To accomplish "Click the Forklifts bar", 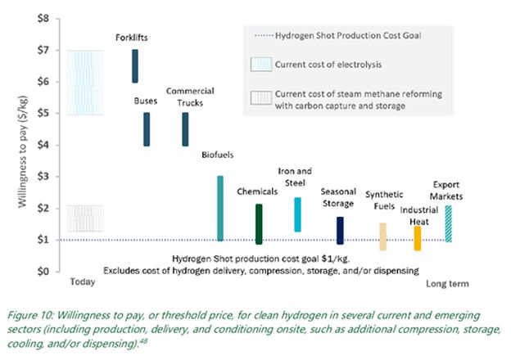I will tap(135, 65).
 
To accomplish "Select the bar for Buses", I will tap(146, 129).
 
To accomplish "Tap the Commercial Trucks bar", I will tap(184, 129).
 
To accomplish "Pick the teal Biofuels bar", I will tap(219, 208).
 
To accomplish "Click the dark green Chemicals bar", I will tap(259, 224).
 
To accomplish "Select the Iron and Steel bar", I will tap(297, 214).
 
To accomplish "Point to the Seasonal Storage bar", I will tap(340, 230).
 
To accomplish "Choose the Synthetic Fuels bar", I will tap(382, 236).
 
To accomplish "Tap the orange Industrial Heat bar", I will tap(418, 238).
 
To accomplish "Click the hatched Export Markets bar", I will tap(448, 223).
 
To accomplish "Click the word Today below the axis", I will tap(83, 282).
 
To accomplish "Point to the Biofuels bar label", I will tap(218, 154).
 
